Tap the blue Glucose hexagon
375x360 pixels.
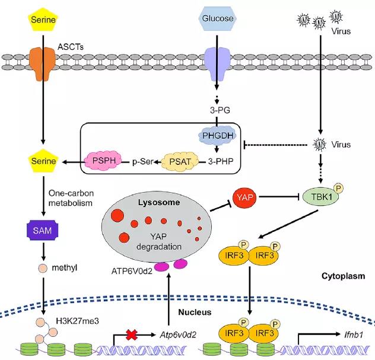(x=217, y=18)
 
